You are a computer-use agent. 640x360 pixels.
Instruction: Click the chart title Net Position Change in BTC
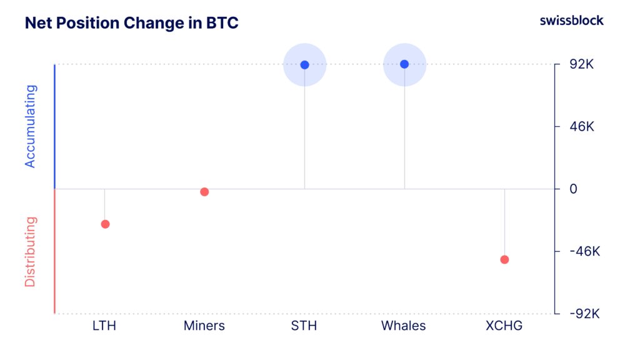(x=131, y=23)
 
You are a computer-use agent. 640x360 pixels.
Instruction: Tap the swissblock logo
(x=571, y=21)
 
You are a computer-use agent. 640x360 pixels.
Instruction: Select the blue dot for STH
(x=304, y=65)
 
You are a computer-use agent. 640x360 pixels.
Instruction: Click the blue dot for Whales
(x=404, y=64)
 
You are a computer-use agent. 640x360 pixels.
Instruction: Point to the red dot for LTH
(x=105, y=224)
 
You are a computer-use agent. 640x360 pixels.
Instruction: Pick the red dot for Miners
(x=204, y=192)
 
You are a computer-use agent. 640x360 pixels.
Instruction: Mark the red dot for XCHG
(x=504, y=259)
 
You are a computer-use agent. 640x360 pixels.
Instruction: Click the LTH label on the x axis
(x=104, y=326)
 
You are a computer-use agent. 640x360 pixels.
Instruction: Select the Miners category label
(x=204, y=326)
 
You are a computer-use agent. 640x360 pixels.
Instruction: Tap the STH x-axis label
(x=304, y=326)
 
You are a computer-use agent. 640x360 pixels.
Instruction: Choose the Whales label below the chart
(x=404, y=326)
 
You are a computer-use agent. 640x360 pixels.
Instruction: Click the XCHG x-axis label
(x=504, y=326)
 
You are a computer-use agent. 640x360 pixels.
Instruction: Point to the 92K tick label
(x=582, y=64)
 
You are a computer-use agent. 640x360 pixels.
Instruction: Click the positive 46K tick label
(x=582, y=127)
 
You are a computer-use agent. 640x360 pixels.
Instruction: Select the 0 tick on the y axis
(x=573, y=189)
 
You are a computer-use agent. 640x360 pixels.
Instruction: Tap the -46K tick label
(x=584, y=251)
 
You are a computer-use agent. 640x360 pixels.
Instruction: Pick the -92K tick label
(x=584, y=314)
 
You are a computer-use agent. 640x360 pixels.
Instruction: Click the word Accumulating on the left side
(x=31, y=126)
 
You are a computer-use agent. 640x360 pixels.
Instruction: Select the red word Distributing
(x=31, y=251)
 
